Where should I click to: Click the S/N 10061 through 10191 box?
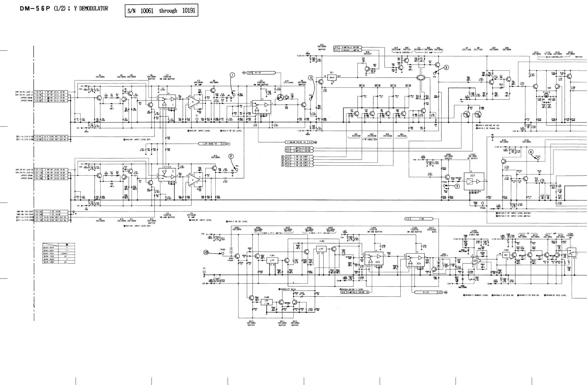(x=161, y=11)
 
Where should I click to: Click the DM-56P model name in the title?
(x=36, y=9)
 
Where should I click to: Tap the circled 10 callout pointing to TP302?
(x=206, y=252)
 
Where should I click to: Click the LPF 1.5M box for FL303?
(x=267, y=302)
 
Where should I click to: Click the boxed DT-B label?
(x=408, y=86)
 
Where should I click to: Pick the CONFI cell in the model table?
(x=64, y=253)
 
